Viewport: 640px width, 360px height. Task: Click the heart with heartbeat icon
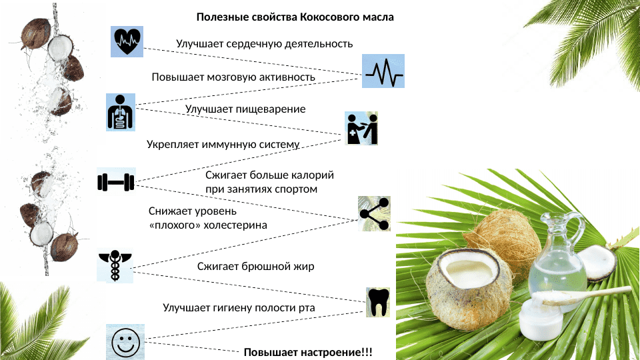tap(127, 41)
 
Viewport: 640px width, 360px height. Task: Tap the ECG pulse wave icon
tap(383, 71)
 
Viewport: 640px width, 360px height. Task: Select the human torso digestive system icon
tap(121, 112)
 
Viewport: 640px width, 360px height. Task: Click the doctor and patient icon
tap(362, 128)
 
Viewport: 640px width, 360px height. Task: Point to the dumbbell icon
tap(116, 181)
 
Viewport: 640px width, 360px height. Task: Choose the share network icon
tap(374, 214)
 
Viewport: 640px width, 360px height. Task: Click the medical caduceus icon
tap(115, 266)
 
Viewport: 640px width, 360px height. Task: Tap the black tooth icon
tap(378, 301)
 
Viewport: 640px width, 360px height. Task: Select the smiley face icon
tap(125, 343)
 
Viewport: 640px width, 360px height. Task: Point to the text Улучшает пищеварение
tap(245, 109)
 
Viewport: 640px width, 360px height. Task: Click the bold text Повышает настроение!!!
tap(308, 352)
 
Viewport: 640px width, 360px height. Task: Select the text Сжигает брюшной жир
tap(255, 266)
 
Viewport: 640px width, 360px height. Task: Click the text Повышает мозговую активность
tap(233, 77)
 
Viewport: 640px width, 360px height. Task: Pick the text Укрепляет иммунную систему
tap(223, 144)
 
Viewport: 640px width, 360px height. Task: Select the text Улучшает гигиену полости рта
tap(239, 307)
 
